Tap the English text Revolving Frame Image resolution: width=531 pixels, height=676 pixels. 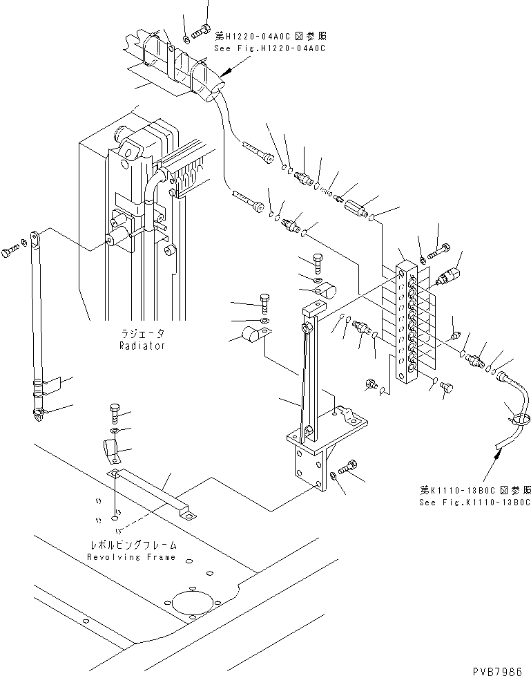point(131,557)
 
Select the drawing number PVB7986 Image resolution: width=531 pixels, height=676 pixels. point(497,670)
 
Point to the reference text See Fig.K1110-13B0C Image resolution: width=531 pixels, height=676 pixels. point(467,503)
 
